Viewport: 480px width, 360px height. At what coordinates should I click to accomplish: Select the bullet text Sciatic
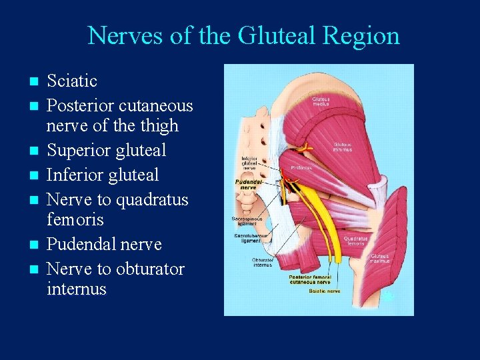pyautogui.click(x=72, y=81)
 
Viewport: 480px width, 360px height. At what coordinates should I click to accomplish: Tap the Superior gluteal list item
pyautogui.click(x=106, y=150)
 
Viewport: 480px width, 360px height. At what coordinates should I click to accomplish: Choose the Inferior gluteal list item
pyautogui.click(x=103, y=175)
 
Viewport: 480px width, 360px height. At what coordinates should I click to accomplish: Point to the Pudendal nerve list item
pyautogui.click(x=104, y=244)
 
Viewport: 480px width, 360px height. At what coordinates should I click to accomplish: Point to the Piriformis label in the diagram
pyautogui.click(x=301, y=168)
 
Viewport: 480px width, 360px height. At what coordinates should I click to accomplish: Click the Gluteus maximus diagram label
pyautogui.click(x=380, y=259)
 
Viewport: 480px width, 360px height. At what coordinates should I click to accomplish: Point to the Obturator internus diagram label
pyautogui.click(x=261, y=262)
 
